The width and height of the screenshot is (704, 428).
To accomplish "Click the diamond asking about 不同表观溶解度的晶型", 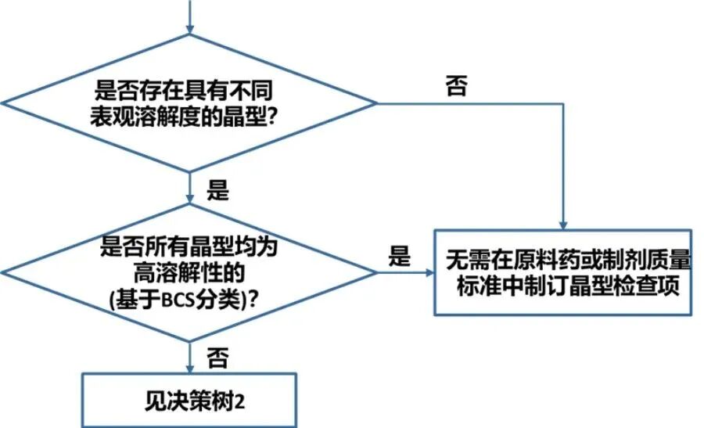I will [189, 102].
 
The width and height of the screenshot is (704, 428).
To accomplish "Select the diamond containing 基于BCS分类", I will [189, 272].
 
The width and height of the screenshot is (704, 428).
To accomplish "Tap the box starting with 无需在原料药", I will [562, 272].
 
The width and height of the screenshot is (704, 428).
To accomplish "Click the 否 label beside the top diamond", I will [456, 85].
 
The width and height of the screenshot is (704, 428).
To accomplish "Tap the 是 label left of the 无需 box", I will [400, 256].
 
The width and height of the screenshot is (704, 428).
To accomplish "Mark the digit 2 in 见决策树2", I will [240, 401].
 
